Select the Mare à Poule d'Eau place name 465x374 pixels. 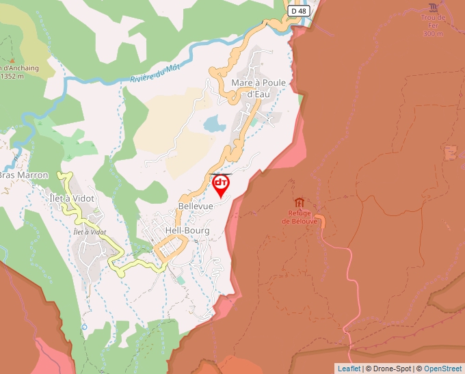[x=258, y=88]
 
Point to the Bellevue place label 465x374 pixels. [x=196, y=206]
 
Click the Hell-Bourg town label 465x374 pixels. [x=187, y=231]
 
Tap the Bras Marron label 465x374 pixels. [x=24, y=175]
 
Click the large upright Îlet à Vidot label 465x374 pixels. [x=72, y=198]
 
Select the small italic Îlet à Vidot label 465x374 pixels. [x=90, y=232]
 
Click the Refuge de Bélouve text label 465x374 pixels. [x=300, y=217]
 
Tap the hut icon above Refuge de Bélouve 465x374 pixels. [x=299, y=202]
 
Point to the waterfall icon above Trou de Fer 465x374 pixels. [x=433, y=7]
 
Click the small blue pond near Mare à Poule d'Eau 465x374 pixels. [x=214, y=124]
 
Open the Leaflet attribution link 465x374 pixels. [x=349, y=369]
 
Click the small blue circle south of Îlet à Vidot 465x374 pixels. [x=84, y=327]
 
